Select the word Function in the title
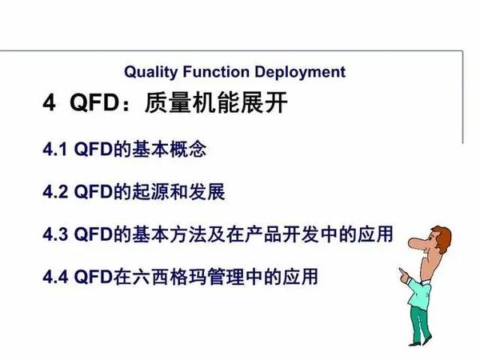tap(210, 72)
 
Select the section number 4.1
tap(56, 150)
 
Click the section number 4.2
tap(56, 193)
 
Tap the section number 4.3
tap(56, 235)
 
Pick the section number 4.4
tap(56, 278)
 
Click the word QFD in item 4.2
tap(90, 193)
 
